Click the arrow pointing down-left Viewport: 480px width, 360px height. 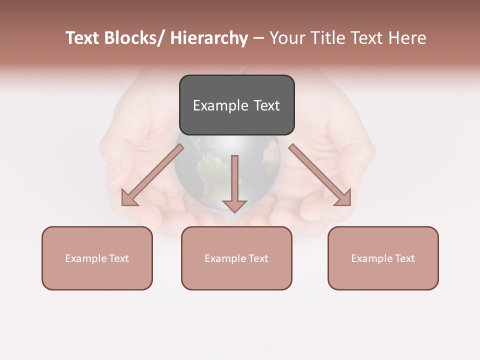click(153, 174)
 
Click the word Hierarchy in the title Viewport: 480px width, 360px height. click(209, 38)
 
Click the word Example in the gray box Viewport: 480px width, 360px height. click(220, 106)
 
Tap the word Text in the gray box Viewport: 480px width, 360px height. click(266, 106)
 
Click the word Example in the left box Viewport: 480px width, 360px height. click(86, 258)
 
